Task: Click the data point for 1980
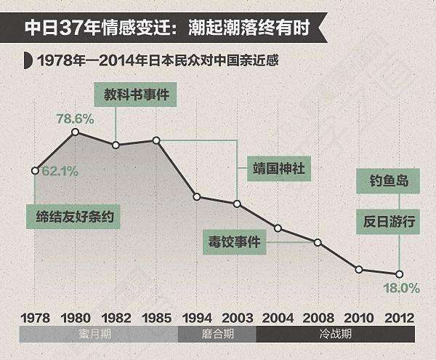pyautogui.click(x=75, y=132)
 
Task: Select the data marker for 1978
pyautogui.click(x=35, y=171)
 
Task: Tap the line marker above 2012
pyautogui.click(x=399, y=273)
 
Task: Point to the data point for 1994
pyautogui.click(x=197, y=196)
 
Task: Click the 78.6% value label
pyautogui.click(x=75, y=118)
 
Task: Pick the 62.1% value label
pyautogui.click(x=60, y=172)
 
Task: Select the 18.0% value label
pyautogui.click(x=402, y=288)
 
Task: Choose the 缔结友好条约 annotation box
pyautogui.click(x=76, y=217)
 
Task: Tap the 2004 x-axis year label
pyautogui.click(x=278, y=318)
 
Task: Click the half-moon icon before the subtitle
pyautogui.click(x=26, y=60)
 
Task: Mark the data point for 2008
pyautogui.click(x=318, y=241)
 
